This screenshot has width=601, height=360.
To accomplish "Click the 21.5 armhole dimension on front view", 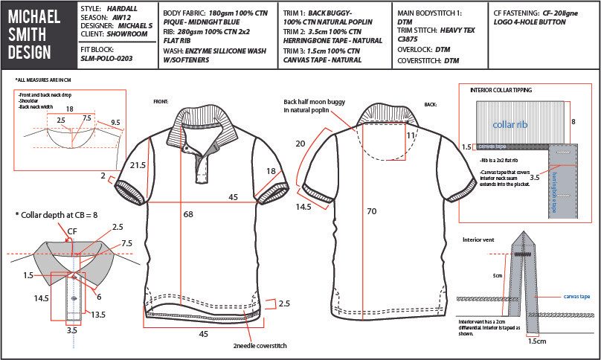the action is point(136,166).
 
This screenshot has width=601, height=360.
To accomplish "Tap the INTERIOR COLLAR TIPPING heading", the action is point(501,90).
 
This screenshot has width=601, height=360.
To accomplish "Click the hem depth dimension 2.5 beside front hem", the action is point(285,303).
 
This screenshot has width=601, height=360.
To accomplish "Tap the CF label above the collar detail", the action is point(71,231).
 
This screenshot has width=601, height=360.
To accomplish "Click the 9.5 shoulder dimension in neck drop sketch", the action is point(115,122).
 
